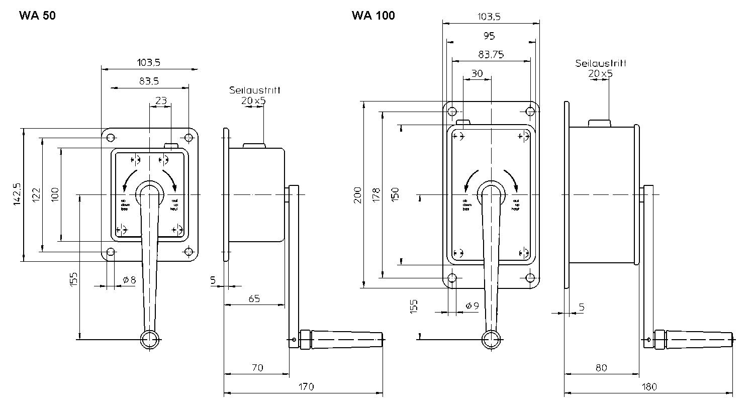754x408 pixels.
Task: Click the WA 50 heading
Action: pyautogui.click(x=37, y=16)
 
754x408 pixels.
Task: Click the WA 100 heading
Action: pyautogui.click(x=373, y=16)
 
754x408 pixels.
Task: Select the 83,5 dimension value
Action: pyautogui.click(x=149, y=80)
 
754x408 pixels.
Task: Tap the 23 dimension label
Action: pyautogui.click(x=161, y=100)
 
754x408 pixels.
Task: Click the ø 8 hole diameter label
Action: pyautogui.click(x=129, y=280)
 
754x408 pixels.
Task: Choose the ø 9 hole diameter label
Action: pyautogui.click(x=472, y=305)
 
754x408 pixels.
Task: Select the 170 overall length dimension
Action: pyautogui.click(x=306, y=386)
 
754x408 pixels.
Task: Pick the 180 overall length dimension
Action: pyautogui.click(x=649, y=386)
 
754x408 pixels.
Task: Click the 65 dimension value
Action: pyautogui.click(x=254, y=299)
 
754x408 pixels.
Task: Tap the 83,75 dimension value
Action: pyautogui.click(x=491, y=54)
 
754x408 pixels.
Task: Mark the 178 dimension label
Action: pyautogui.click(x=375, y=194)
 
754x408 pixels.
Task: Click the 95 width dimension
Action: pyautogui.click(x=489, y=36)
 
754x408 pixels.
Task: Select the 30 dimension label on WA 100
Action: pyautogui.click(x=477, y=73)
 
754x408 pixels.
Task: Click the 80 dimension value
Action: pyautogui.click(x=601, y=368)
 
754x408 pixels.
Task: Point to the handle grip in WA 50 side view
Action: pyautogui.click(x=347, y=340)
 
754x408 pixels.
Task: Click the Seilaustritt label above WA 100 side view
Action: pyautogui.click(x=601, y=64)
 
